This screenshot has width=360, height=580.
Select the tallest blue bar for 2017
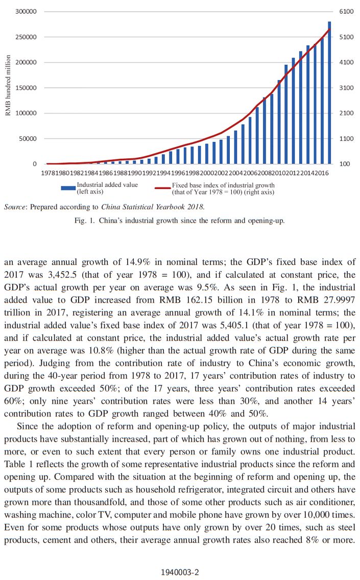329,92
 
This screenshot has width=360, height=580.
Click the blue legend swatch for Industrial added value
68,188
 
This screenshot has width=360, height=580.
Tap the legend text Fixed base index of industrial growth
223,185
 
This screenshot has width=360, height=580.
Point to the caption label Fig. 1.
84,221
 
